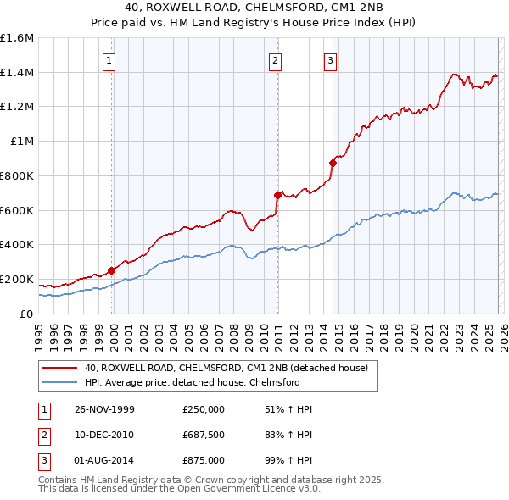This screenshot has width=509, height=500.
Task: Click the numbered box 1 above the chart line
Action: [x=111, y=60]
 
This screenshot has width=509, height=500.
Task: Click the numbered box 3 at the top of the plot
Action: [x=330, y=60]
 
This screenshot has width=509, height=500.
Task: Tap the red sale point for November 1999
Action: [x=112, y=270]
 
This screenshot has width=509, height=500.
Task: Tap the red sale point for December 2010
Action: [x=277, y=195]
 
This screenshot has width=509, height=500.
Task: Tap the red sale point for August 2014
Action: [x=333, y=163]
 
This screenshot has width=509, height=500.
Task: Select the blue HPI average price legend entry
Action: [x=204, y=382]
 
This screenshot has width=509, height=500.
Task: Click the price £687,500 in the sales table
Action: [x=204, y=435]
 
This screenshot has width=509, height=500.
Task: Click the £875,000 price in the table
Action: [x=204, y=460]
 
